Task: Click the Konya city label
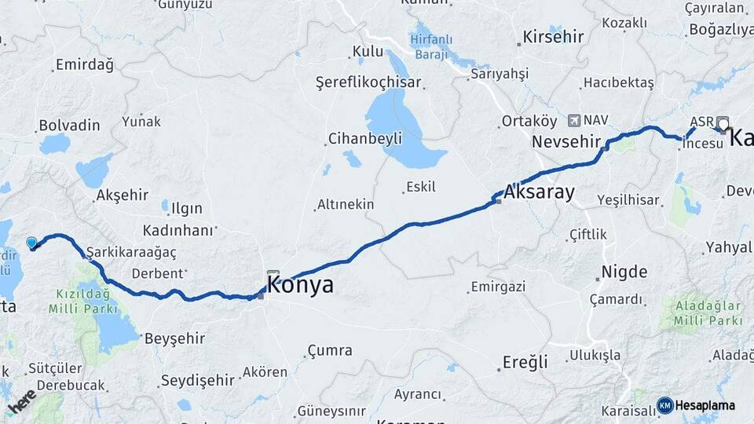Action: (300, 285)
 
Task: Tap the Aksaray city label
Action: (539, 192)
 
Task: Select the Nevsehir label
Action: (565, 142)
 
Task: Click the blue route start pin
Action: (32, 243)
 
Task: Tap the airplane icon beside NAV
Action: (573, 120)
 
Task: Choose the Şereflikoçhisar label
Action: (368, 82)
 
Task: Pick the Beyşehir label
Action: (174, 338)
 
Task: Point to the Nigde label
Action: (624, 272)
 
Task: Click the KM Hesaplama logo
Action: (696, 405)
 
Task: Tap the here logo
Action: (21, 400)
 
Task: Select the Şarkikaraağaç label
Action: (131, 252)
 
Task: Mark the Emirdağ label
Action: (85, 64)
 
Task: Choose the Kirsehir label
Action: (553, 37)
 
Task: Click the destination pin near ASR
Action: (723, 123)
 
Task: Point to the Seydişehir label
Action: (197, 380)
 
